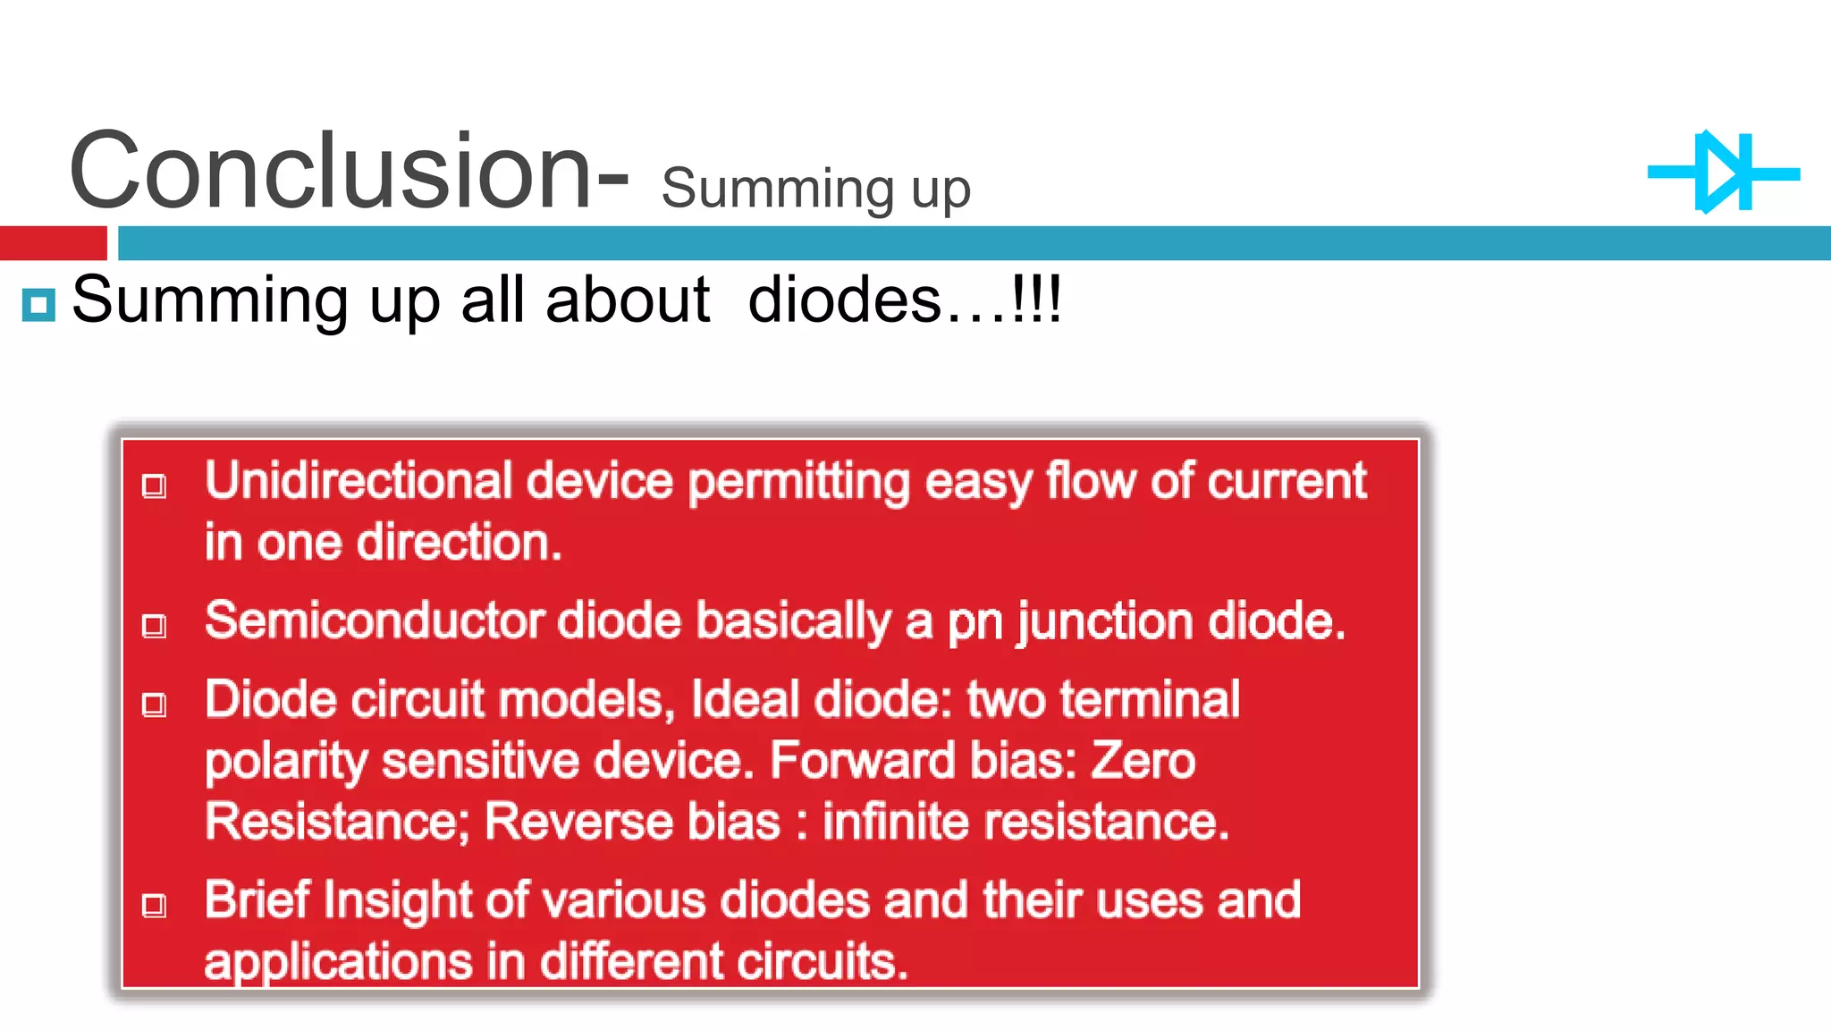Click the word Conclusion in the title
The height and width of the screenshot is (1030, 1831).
click(x=329, y=170)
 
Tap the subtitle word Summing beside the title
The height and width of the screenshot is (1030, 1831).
click(x=777, y=190)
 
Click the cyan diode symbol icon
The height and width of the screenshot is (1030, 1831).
click(x=1723, y=173)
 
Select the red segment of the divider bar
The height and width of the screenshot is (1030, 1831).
click(x=53, y=243)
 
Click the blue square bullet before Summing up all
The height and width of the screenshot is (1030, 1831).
click(x=38, y=305)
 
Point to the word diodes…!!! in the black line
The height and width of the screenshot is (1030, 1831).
click(x=904, y=300)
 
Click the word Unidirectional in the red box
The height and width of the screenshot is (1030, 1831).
click(x=358, y=481)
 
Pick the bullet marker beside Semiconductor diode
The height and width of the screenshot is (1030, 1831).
click(x=155, y=626)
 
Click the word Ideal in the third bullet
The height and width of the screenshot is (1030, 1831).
click(x=745, y=699)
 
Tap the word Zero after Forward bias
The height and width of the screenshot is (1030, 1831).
click(x=1143, y=761)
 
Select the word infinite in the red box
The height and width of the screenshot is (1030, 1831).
click(x=895, y=822)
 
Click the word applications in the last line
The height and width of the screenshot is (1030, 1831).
click(x=338, y=963)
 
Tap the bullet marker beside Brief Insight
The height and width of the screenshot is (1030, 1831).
click(x=155, y=906)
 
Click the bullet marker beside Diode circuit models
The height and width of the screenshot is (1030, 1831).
click(x=155, y=705)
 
